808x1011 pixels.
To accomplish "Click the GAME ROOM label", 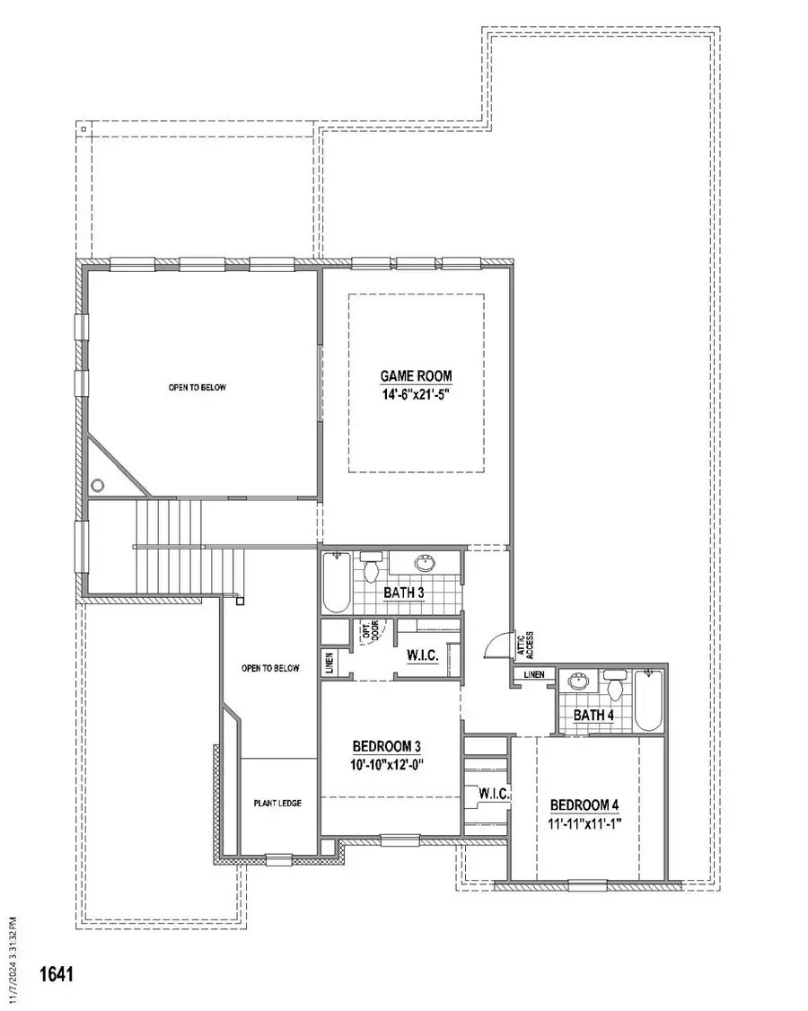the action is click(416, 376).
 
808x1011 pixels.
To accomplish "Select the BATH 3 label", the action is click(404, 593).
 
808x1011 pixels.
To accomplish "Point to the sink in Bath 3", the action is click(426, 564).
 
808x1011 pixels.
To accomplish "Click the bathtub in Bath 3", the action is click(336, 582).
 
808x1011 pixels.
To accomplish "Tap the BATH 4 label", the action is click(593, 715).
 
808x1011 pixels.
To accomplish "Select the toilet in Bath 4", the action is click(615, 685).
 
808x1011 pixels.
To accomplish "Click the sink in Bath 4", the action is click(578, 681).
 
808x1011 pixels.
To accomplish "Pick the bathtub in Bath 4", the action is click(648, 700).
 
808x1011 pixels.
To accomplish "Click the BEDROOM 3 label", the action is click(387, 747).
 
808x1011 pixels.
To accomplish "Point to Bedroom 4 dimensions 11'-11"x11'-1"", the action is click(584, 823).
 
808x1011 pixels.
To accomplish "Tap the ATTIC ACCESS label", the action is click(525, 644).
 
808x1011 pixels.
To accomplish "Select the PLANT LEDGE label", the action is click(277, 804).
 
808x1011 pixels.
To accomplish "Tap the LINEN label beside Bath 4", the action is click(534, 674).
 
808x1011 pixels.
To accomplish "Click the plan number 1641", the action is click(57, 973).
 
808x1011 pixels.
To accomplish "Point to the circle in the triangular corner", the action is click(98, 485).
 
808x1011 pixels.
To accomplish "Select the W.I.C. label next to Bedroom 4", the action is click(494, 794).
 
